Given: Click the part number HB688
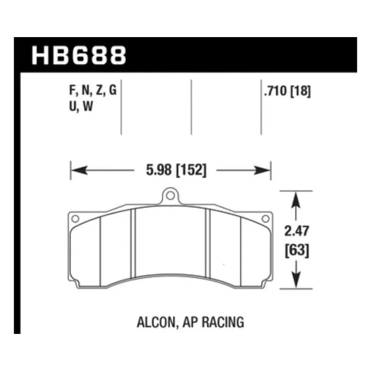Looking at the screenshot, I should (x=79, y=55).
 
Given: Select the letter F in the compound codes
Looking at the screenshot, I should (x=73, y=91).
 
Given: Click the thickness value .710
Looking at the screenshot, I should (x=275, y=91).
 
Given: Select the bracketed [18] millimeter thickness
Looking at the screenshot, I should (x=300, y=91).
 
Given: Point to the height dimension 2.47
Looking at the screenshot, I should (x=296, y=231).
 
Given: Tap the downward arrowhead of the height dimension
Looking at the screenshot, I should (x=296, y=281).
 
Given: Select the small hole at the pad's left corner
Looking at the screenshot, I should (x=75, y=218).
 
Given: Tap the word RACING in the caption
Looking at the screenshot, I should (x=226, y=321).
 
